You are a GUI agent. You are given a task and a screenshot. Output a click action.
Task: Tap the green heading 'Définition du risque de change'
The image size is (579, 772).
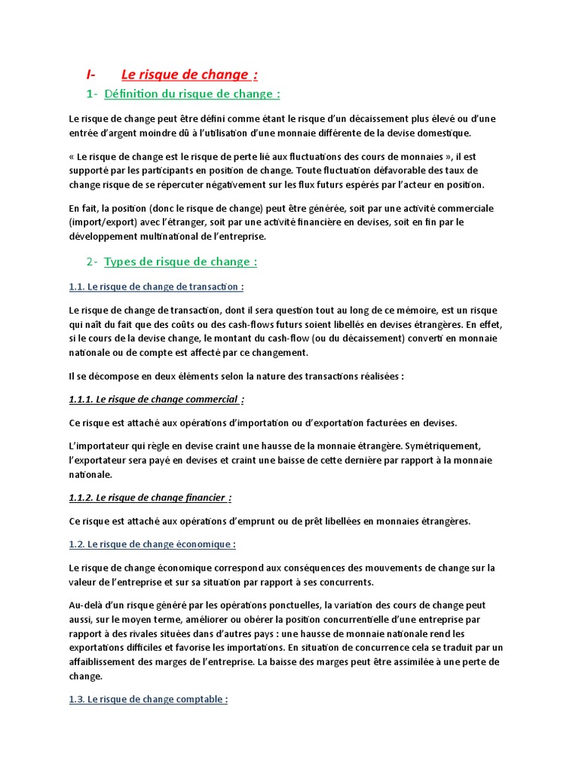[x=191, y=94]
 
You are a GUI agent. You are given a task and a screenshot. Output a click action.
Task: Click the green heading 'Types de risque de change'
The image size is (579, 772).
[x=180, y=262]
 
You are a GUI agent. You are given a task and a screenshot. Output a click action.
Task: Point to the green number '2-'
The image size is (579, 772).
[x=91, y=262]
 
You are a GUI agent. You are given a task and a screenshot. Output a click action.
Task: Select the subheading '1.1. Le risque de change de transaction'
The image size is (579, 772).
[x=155, y=287]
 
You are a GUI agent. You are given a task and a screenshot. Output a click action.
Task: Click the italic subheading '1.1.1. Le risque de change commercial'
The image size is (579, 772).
[x=156, y=399]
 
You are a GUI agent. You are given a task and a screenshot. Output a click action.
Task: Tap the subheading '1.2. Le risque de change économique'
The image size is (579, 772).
[x=152, y=544]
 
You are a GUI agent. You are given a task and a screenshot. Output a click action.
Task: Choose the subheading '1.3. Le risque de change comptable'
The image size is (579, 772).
[x=148, y=700]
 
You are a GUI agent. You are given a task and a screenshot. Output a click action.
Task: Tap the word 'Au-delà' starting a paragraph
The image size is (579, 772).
[x=84, y=605]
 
